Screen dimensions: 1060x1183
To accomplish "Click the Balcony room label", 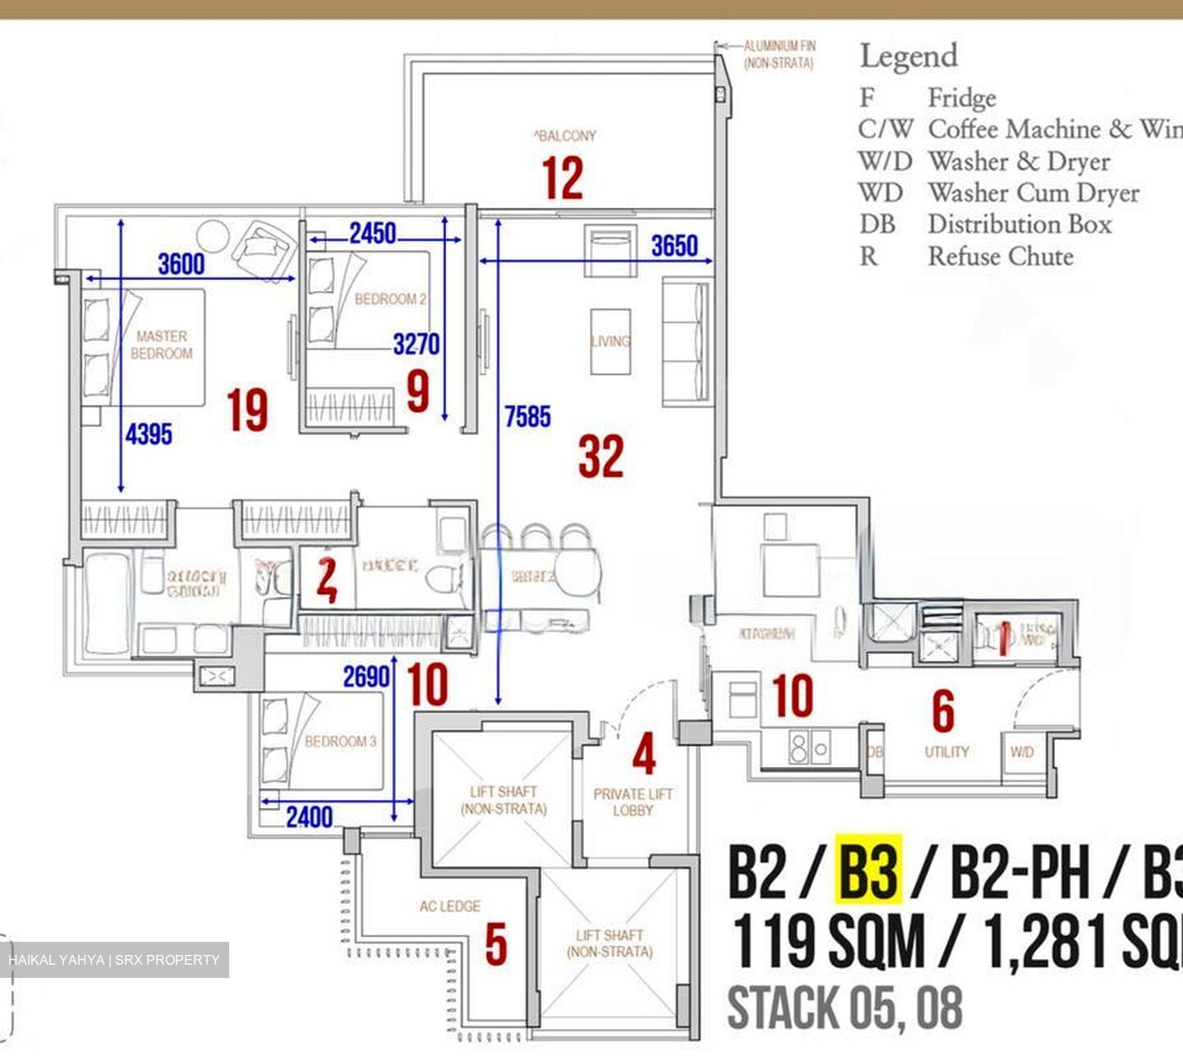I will coord(565,135).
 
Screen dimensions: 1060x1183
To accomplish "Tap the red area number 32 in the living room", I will coord(601,457).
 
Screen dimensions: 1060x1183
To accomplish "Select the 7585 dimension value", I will coord(527,417).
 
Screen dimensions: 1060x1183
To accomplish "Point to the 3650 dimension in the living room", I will coord(674,245).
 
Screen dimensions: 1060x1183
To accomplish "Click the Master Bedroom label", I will coord(162,345).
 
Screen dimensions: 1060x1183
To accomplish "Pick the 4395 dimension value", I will coord(149,434).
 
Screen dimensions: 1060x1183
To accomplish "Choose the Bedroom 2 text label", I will coord(390,300).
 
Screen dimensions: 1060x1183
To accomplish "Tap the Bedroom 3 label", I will coord(340,741).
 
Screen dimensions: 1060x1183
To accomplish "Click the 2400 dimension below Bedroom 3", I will coord(310,817).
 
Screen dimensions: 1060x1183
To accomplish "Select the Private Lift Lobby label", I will coord(633,802).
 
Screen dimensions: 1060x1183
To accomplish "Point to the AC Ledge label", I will coord(449,906).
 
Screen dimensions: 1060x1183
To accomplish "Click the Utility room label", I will coord(946,751).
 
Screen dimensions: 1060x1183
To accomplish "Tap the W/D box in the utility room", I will coord(1022,751).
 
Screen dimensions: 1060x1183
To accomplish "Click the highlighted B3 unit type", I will coord(868,872).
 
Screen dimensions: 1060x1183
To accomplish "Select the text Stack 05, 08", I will coord(845,1007).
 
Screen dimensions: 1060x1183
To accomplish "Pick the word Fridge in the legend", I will coord(962,99).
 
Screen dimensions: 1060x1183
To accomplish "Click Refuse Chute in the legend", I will coord(1001,256).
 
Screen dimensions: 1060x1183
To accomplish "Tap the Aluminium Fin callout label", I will coord(779,54).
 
